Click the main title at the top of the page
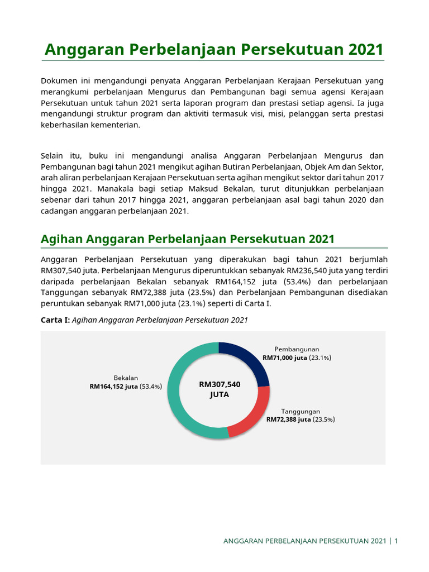pos(214,49)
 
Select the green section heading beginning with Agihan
pos(188,239)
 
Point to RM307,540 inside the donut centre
pos(220,384)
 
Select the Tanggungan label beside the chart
pos(300,411)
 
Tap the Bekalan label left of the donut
pos(126,378)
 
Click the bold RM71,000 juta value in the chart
pos(285,357)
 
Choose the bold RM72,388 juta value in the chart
pos(288,419)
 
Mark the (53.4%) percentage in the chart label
pos(151,386)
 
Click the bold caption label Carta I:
pos(55,320)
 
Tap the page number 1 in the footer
pos(396,541)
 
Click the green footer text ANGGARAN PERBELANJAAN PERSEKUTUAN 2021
pos(304,541)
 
